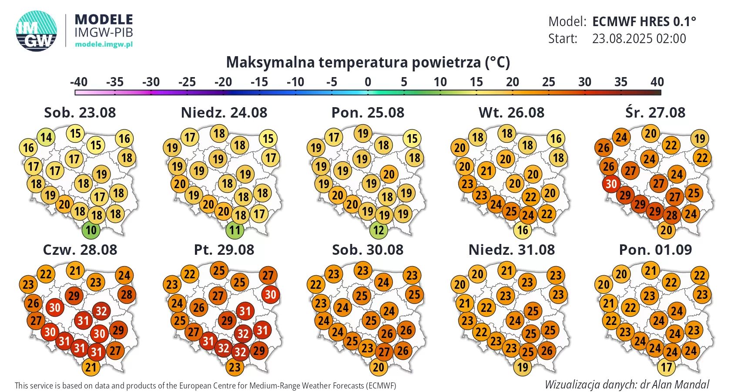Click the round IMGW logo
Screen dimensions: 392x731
pos(37,31)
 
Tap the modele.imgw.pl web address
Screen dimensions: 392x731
pos(104,44)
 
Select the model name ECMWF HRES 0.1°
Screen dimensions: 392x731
pos(644,21)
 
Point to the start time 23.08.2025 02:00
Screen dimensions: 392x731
pos(639,39)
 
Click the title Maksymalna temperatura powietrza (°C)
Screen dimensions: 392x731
pos(368,62)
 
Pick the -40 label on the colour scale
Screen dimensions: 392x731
pos(79,82)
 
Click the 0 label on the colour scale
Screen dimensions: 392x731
pos(368,82)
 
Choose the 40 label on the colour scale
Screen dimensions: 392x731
pos(657,82)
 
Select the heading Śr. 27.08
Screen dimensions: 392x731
pos(655,112)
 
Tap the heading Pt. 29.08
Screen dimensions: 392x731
pos(224,250)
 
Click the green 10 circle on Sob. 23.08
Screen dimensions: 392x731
pos(91,230)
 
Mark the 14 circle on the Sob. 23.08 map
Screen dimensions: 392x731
pos(46,137)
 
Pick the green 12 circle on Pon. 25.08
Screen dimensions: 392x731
pos(379,230)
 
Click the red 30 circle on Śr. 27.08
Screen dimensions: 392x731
pos(611,184)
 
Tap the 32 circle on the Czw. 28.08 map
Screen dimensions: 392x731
pos(101,311)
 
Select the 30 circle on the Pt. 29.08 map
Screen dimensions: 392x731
pos(270,294)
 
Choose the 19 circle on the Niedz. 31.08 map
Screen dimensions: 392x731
pos(523,367)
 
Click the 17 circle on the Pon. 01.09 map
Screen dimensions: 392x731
pos(667,367)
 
